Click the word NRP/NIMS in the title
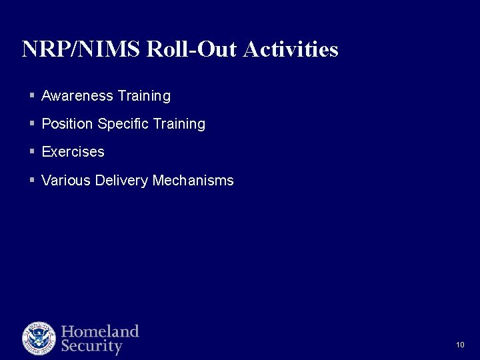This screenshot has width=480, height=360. click(81, 49)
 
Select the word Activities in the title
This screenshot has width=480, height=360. click(291, 49)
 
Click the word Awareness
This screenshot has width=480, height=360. click(77, 96)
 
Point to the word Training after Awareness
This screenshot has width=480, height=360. click(144, 96)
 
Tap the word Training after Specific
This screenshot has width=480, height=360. click(179, 124)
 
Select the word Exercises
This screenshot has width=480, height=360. click(73, 152)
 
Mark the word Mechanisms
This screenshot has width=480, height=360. click(193, 181)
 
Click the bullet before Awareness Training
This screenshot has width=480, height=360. click(32, 96)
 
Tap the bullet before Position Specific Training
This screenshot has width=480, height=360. click(32, 124)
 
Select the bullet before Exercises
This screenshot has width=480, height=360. click(32, 152)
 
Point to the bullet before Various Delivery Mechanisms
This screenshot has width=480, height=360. click(32, 181)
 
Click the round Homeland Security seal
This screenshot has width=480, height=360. click(39, 338)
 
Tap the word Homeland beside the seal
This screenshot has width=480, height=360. click(100, 331)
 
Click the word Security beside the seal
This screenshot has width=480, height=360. click(92, 347)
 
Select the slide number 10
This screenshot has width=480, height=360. click(460, 345)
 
